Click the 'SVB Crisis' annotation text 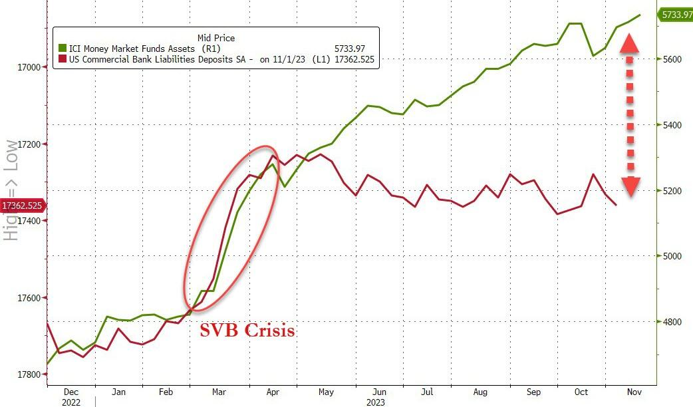tap(247, 331)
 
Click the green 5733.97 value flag tap(675, 15)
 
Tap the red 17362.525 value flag tap(23, 205)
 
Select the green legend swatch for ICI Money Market tap(63, 49)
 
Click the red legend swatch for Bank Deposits tap(63, 59)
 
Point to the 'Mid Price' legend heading tap(216, 38)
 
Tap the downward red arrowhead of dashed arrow tap(630, 187)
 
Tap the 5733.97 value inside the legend tap(356, 49)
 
